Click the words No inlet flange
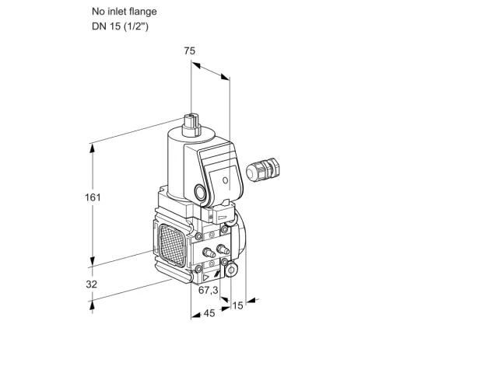(x=124, y=12)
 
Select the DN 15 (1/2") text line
(x=120, y=26)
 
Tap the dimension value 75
(x=190, y=51)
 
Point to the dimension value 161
(x=93, y=197)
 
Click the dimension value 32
(x=92, y=284)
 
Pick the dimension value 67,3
(x=209, y=290)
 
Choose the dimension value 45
(x=209, y=313)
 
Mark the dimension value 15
(x=237, y=305)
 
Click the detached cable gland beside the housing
(x=263, y=169)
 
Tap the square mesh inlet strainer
(x=172, y=246)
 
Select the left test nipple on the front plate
(x=208, y=253)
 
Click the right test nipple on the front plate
(x=223, y=249)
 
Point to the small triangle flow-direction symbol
(x=206, y=278)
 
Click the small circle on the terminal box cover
(x=225, y=180)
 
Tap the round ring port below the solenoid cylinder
(x=201, y=193)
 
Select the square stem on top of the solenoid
(x=191, y=124)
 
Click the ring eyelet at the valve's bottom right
(x=231, y=270)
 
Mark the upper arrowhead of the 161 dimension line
(x=93, y=149)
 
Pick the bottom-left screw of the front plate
(x=198, y=270)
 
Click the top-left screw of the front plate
(x=199, y=236)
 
